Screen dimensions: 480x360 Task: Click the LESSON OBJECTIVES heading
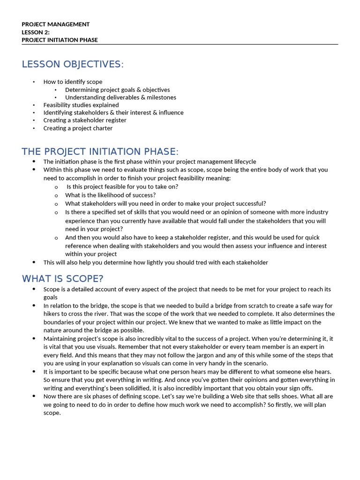pyautogui.click(x=73, y=64)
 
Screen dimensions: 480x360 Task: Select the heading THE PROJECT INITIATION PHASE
pyautogui.click(x=100, y=151)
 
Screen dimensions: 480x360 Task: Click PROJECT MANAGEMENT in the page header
pyautogui.click(x=55, y=24)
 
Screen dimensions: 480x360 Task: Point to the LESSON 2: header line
pyautogui.click(x=36, y=32)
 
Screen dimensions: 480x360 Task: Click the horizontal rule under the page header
pyautogui.click(x=180, y=45)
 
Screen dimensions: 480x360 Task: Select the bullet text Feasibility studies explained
pyautogui.click(x=81, y=105)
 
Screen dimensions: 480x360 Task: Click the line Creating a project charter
pyautogui.click(x=78, y=128)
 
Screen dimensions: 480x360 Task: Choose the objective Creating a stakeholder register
pyautogui.click(x=85, y=120)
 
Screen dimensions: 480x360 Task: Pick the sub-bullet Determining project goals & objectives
pyautogui.click(x=117, y=90)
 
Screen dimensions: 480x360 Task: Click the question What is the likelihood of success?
pyautogui.click(x=110, y=195)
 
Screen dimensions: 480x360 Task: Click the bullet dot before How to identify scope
pyautogui.click(x=34, y=82)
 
